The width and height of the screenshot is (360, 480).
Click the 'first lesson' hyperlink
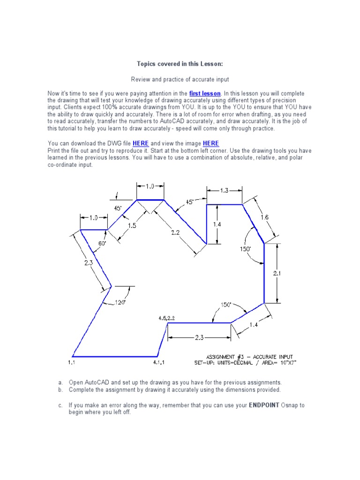(x=205, y=94)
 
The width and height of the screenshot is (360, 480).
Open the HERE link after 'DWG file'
(x=141, y=143)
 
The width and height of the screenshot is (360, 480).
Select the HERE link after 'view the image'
(x=211, y=143)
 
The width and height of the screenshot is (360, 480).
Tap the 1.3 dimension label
(x=224, y=190)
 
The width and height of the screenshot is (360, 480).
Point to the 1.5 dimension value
(x=132, y=225)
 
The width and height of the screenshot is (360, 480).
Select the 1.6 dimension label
(x=264, y=217)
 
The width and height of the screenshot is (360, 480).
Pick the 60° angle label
(x=102, y=243)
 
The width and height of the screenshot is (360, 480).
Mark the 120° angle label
(x=120, y=303)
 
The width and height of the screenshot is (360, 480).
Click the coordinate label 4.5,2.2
(x=166, y=318)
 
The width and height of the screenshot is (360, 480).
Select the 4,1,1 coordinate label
(x=159, y=362)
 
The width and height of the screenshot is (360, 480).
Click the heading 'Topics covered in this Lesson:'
(x=180, y=64)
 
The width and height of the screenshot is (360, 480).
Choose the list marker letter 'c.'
(x=60, y=405)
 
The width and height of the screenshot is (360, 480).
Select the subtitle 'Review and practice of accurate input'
(x=180, y=80)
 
